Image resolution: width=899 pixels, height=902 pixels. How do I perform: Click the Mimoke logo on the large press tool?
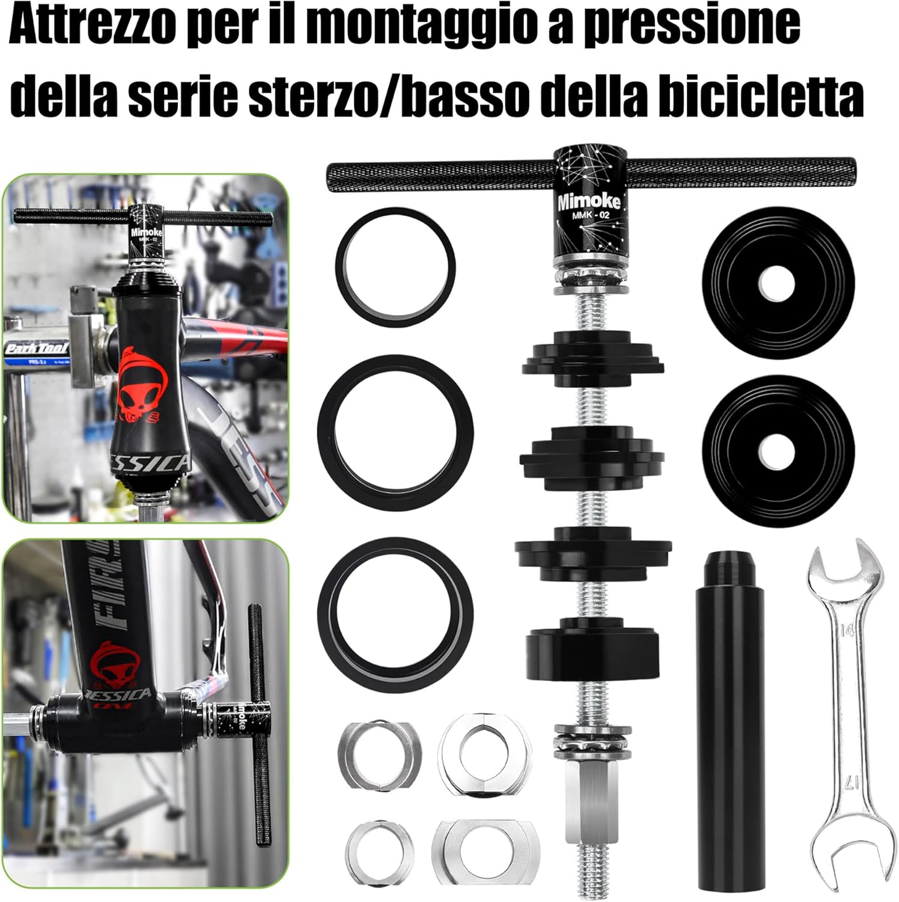pyautogui.click(x=588, y=200)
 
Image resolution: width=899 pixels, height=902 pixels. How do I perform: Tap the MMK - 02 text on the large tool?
pyautogui.click(x=588, y=215)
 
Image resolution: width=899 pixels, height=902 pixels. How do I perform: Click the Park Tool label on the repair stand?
pyautogui.click(x=36, y=349)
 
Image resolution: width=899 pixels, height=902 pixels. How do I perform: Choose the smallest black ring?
pyautogui.click(x=395, y=267)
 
